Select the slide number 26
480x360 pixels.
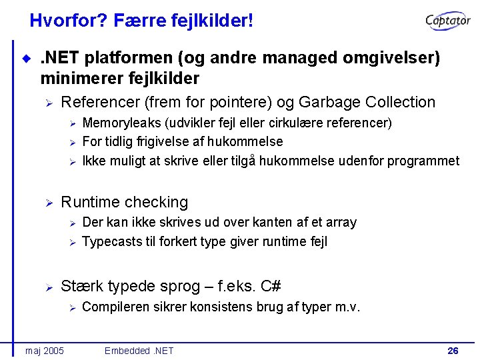453,350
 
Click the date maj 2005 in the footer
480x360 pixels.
45,350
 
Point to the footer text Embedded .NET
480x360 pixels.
139,350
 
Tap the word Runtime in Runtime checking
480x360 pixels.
89,202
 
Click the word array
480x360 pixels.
341,222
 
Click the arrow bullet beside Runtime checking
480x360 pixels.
48,202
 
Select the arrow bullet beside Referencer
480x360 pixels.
48,103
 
